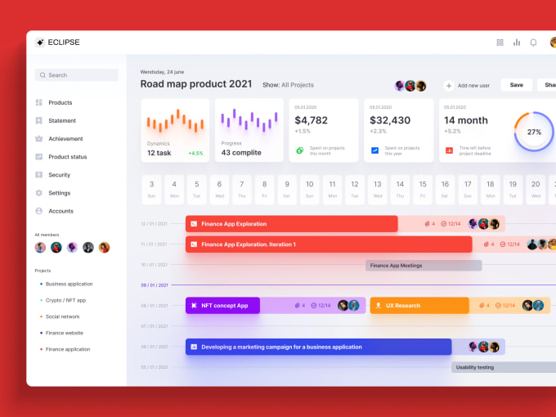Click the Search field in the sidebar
pos(76,75)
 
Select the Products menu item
pos(60,103)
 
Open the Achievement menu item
pos(65,139)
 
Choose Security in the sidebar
pos(59,175)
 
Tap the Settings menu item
pos(59,193)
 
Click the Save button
pos(516,85)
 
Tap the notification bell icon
pos(533,43)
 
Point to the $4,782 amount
pos(312,120)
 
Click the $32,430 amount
pos(390,120)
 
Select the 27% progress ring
pos(533,132)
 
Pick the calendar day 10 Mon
pos(309,188)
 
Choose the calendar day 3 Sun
pos(151,188)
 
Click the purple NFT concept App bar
pos(222,306)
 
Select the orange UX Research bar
pos(419,306)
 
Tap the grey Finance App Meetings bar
pos(423,266)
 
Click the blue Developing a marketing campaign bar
pos(318,347)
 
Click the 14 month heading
pos(466,120)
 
